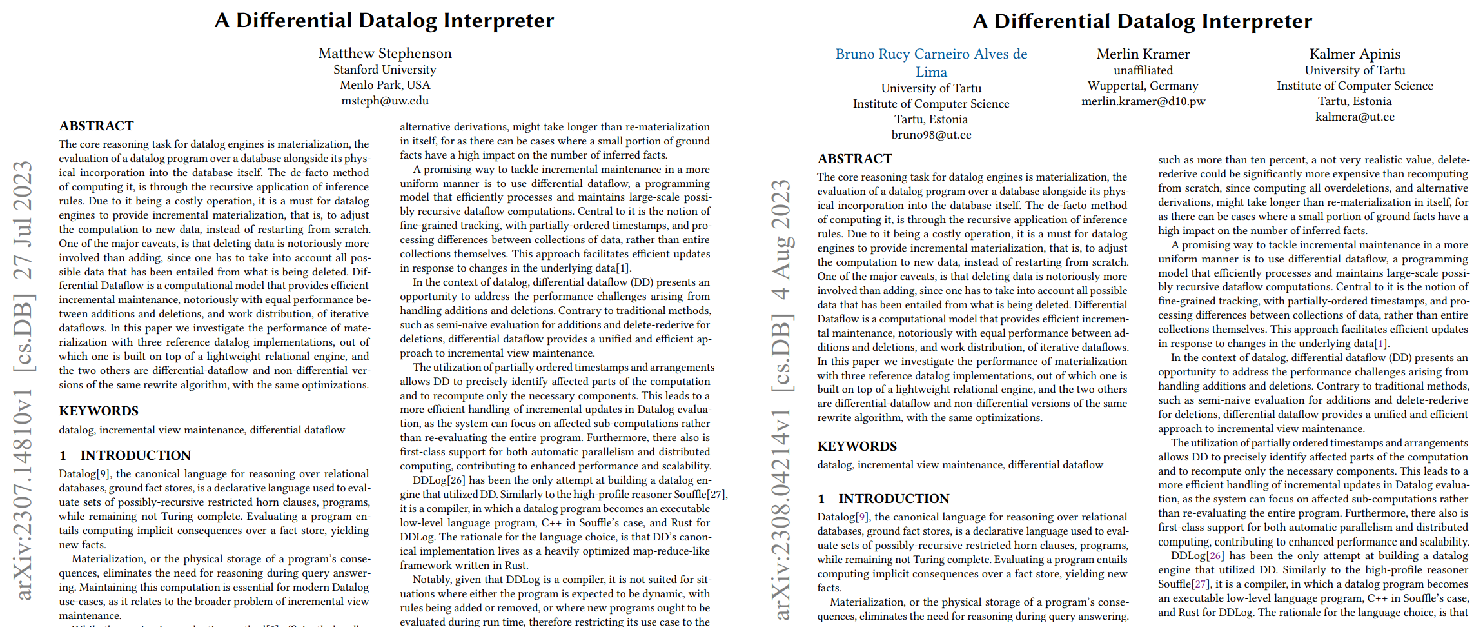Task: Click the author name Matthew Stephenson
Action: (385, 54)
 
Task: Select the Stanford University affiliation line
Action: (385, 70)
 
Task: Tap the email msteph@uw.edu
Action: (385, 101)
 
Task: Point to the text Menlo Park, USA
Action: (385, 85)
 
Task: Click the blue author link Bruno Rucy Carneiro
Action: (931, 55)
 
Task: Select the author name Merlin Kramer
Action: (1143, 54)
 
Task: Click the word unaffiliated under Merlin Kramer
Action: (1143, 70)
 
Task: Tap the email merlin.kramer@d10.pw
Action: (1143, 101)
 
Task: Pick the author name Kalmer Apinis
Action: (1355, 54)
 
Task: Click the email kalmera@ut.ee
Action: (1355, 117)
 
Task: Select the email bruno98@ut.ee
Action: (931, 135)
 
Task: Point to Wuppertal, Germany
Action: (1143, 86)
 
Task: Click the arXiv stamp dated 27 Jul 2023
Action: (23, 380)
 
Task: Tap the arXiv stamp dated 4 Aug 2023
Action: (781, 400)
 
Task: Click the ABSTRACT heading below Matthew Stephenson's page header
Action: (97, 126)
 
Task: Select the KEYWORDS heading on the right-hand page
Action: (857, 446)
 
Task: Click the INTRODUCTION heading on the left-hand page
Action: (125, 455)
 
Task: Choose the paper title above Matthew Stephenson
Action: (384, 21)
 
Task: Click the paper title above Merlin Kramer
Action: (1143, 21)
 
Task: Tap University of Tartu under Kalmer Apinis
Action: (1355, 70)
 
